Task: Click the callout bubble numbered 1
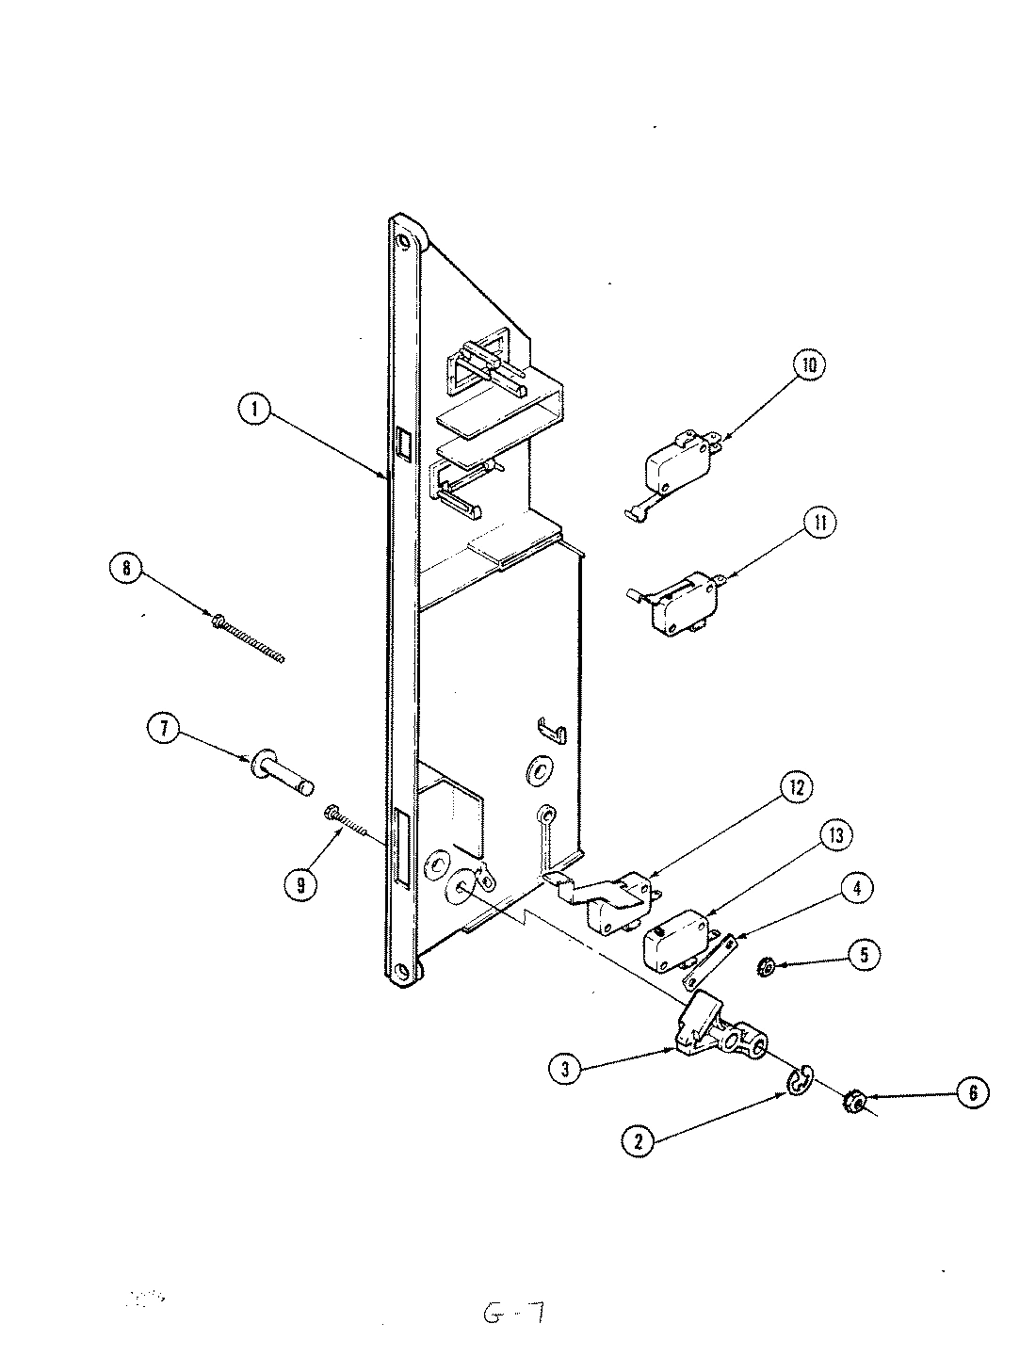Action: pos(254,410)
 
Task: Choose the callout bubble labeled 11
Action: pos(818,523)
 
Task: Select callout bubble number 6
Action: pos(973,1091)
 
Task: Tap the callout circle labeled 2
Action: pos(639,1140)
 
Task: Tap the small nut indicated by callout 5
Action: pos(766,966)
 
